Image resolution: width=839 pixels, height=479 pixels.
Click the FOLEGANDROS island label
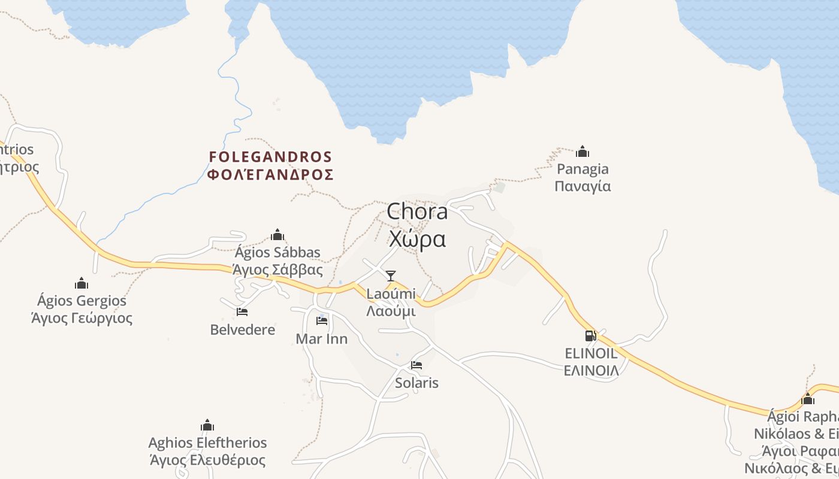270,166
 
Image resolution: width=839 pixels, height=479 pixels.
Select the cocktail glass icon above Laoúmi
391,275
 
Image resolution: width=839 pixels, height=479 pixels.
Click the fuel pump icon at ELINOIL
591,336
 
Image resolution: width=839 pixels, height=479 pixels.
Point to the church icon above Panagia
583,151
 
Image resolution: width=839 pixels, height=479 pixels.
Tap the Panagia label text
583,177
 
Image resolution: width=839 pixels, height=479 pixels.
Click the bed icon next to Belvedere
242,312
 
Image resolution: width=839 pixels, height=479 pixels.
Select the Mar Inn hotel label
322,339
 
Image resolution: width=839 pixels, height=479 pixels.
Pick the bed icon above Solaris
417,365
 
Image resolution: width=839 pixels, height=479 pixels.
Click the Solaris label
417,383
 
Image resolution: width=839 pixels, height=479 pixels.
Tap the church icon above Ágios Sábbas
277,234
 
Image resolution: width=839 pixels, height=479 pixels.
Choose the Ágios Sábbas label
277,261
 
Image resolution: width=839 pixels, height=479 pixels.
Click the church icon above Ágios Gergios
82,283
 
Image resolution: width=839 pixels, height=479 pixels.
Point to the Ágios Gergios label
82,309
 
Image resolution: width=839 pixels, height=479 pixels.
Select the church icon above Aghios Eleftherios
207,426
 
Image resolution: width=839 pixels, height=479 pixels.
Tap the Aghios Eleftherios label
207,451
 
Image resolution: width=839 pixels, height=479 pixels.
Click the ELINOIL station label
591,362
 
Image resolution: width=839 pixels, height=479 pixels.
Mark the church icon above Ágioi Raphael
808,399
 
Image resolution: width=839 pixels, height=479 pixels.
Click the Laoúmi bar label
391,302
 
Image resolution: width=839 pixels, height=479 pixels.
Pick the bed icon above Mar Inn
322,321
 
